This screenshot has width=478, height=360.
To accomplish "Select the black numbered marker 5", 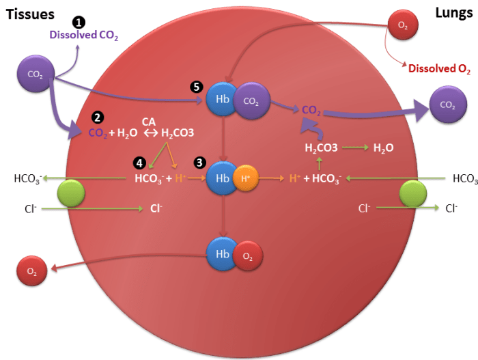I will [197, 87].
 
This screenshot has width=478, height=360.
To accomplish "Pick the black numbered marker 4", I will [139, 163].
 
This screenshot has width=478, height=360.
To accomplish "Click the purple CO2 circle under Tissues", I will [34, 73].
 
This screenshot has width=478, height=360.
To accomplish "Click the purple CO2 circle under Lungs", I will [447, 105].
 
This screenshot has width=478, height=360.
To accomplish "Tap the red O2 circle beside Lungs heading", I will [402, 25].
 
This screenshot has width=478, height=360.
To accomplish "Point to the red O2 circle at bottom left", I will [32, 271].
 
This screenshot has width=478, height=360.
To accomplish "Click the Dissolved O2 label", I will [439, 68].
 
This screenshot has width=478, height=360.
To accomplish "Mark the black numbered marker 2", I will [98, 117].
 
